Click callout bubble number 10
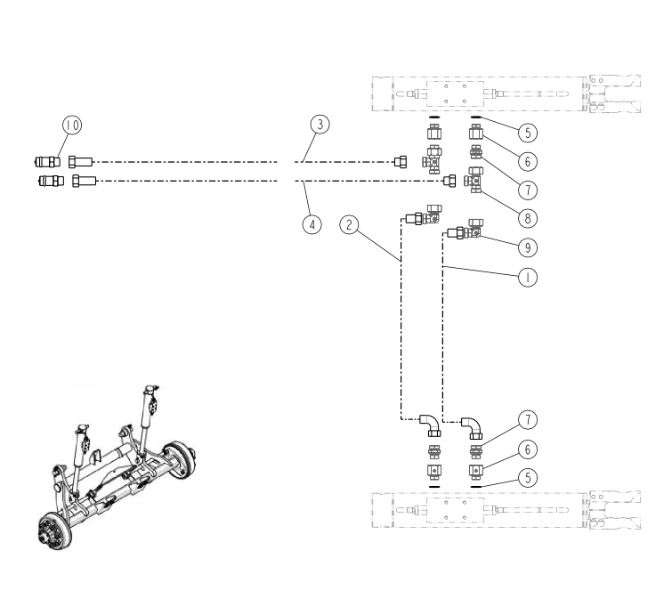72,125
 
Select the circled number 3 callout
320,125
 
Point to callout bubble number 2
352,224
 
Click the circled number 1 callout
528,277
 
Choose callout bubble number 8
528,216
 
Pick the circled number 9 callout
528,245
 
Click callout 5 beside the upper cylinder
528,133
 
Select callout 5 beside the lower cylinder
528,478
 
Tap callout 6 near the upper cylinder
528,161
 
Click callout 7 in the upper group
528,189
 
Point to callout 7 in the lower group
528,419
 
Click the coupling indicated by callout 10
44,161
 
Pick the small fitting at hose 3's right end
401,162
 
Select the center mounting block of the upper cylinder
454,93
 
